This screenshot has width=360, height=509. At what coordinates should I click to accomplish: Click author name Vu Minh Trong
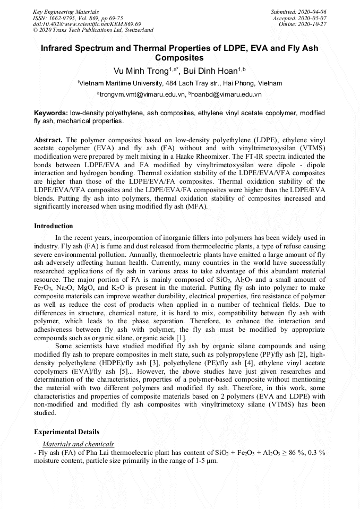141,71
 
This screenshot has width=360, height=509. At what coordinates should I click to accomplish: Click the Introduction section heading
54,226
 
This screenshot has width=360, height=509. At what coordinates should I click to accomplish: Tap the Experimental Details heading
66,432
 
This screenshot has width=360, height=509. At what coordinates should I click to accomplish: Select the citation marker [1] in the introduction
182,338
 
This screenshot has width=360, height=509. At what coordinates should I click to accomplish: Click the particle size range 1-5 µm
205,461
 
